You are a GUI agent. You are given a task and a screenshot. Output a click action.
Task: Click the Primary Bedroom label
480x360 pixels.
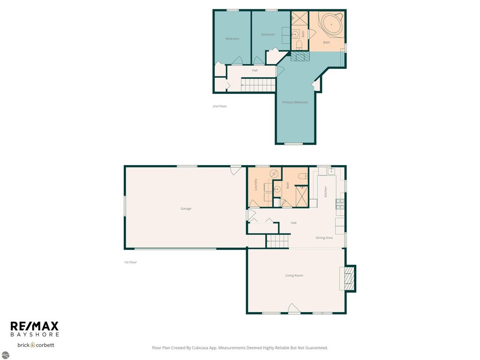click(x=295, y=102)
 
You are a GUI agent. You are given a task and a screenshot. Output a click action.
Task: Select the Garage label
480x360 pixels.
click(x=186, y=209)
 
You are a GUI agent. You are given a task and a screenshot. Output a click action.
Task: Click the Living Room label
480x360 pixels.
click(x=294, y=276)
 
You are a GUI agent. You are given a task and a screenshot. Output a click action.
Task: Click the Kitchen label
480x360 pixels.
click(x=325, y=191)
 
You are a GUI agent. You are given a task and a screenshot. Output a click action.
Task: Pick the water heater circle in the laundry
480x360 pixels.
click(x=274, y=174)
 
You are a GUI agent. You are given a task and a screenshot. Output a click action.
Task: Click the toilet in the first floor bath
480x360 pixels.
click(x=302, y=176)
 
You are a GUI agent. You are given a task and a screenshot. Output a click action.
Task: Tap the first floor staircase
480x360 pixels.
click(x=278, y=241)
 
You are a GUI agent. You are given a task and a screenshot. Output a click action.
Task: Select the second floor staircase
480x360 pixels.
click(x=258, y=85)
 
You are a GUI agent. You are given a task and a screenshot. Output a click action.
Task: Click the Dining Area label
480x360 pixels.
click(x=324, y=238)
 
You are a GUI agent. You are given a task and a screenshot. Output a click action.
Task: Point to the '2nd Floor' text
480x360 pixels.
click(x=219, y=106)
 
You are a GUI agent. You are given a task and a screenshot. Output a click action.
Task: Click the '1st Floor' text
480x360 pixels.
click(x=130, y=262)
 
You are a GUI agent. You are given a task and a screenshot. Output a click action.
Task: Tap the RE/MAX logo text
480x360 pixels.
click(x=35, y=326)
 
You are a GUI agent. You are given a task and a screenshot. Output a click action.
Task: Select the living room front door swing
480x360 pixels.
click(x=293, y=308)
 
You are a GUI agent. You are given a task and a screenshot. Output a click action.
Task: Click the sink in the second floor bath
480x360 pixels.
click(x=296, y=34)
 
